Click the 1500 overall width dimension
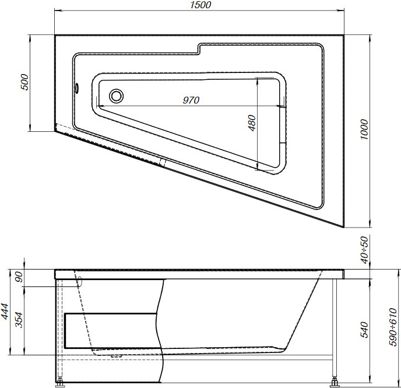click(200, 5)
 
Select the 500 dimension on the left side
click(24, 83)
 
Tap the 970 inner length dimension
click(191, 100)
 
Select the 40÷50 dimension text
click(364, 249)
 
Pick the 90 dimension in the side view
click(19, 278)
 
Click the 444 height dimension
click(7, 313)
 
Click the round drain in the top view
click(117, 95)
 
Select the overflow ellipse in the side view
click(80, 281)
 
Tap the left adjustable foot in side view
click(60, 383)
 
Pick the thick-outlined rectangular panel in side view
click(111, 331)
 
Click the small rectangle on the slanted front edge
click(163, 163)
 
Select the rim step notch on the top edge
click(199, 49)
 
